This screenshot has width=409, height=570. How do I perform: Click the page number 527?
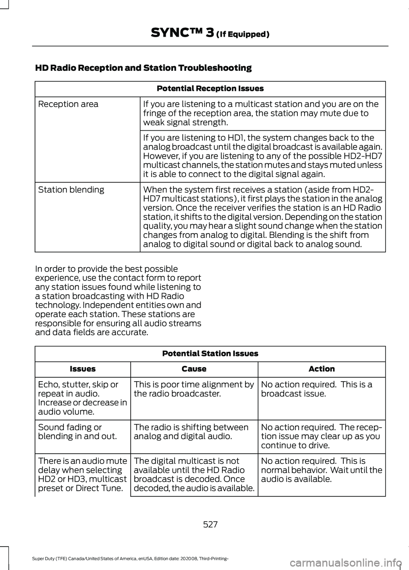pyautogui.click(x=210, y=524)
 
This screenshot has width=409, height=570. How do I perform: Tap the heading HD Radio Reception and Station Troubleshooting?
pyautogui.click(x=143, y=68)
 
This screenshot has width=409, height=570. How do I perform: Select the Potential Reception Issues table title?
pyautogui.click(x=210, y=89)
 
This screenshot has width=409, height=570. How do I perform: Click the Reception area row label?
pyautogui.click(x=68, y=104)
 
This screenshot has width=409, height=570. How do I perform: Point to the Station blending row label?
pyautogui.click(x=71, y=190)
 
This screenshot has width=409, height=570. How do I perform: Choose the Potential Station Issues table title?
pyautogui.click(x=210, y=353)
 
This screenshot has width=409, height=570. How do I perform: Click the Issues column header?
pyautogui.click(x=83, y=369)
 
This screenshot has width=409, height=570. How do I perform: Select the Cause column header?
pyautogui.click(x=194, y=369)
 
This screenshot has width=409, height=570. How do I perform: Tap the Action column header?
pyautogui.click(x=322, y=369)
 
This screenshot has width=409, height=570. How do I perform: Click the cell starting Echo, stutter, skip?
pyautogui.click(x=82, y=398)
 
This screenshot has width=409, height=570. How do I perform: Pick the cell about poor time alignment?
pyautogui.click(x=194, y=389)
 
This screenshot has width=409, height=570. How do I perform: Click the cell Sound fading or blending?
pyautogui.click(x=77, y=431)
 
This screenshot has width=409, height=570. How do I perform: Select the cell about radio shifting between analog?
pyautogui.click(x=191, y=431)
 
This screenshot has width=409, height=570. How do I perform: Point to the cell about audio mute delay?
pyautogui.click(x=82, y=474)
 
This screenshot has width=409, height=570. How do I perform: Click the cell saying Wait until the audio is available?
pyautogui.click(x=321, y=470)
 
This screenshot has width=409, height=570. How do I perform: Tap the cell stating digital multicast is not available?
pyautogui.click(x=194, y=474)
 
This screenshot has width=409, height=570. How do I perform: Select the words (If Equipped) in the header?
pyautogui.click(x=242, y=34)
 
